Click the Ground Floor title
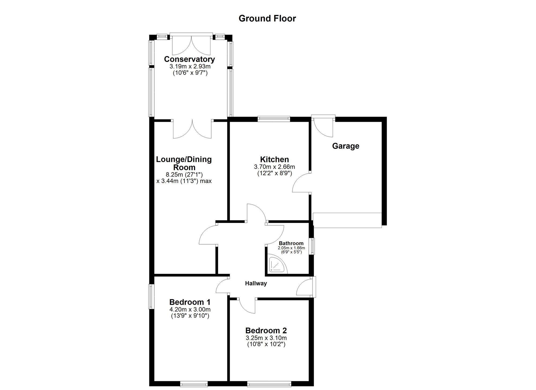click(x=267, y=19)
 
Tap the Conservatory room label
click(x=189, y=59)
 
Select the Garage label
click(x=345, y=146)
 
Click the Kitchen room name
click(x=274, y=159)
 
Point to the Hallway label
click(x=256, y=283)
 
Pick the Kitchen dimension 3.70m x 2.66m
click(x=274, y=167)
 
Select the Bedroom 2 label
click(x=266, y=330)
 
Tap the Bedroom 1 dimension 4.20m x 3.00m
click(x=190, y=310)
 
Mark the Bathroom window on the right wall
click(x=313, y=246)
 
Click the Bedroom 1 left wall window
click(x=151, y=296)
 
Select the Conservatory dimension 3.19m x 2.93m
click(x=190, y=66)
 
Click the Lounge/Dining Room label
click(x=184, y=163)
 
